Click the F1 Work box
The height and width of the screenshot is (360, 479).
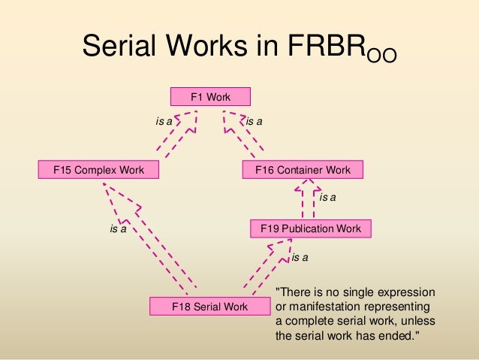click(209, 96)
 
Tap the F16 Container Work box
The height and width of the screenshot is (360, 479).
click(303, 170)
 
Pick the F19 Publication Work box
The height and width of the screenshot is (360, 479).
click(310, 228)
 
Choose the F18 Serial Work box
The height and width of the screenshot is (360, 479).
click(209, 307)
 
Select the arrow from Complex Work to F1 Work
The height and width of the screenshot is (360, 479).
click(179, 136)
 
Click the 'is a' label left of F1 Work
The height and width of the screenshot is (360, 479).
click(164, 120)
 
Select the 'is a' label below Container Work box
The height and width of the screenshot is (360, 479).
click(328, 198)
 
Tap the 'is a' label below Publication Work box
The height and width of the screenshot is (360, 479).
click(300, 258)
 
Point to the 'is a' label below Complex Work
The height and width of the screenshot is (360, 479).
click(118, 228)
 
